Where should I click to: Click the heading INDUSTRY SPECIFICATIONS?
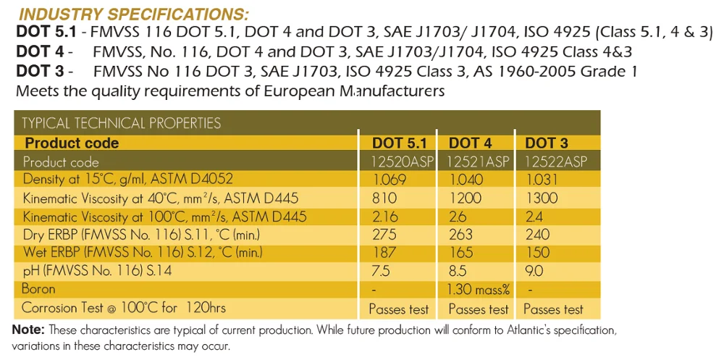(133, 14)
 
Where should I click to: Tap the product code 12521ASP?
(479, 161)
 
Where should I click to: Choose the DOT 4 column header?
(470, 143)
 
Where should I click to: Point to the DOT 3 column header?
(547, 143)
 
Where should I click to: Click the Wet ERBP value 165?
(461, 253)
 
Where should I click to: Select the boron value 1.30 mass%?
(479, 290)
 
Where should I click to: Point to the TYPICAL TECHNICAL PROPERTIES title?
(121, 122)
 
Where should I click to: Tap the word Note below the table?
(28, 330)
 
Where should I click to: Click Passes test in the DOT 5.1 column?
(398, 309)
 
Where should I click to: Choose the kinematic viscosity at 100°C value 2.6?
(458, 217)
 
